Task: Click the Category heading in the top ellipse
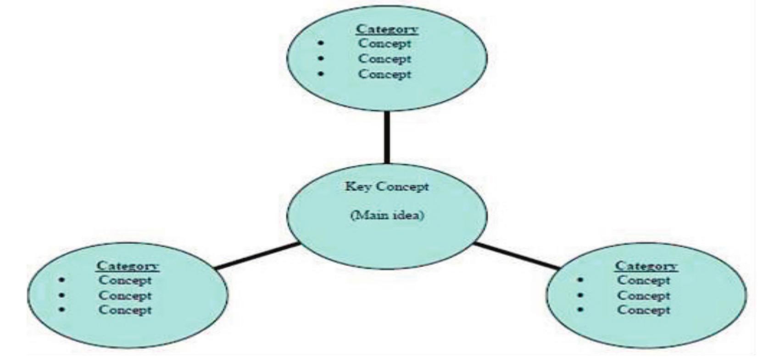pyautogui.click(x=387, y=29)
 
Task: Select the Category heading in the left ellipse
pyautogui.click(x=128, y=266)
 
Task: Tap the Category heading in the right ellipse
pyautogui.click(x=646, y=266)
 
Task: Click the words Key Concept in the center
pyautogui.click(x=387, y=187)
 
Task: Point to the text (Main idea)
pyautogui.click(x=387, y=215)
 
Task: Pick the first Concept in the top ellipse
pyautogui.click(x=384, y=44)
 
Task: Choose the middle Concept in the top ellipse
pyautogui.click(x=384, y=59)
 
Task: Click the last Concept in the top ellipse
pyautogui.click(x=384, y=74)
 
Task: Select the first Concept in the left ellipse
pyautogui.click(x=125, y=280)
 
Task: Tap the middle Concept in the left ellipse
pyautogui.click(x=125, y=295)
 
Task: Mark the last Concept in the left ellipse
pyautogui.click(x=125, y=310)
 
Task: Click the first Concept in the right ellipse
pyautogui.click(x=643, y=280)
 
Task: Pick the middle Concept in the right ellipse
pyautogui.click(x=643, y=295)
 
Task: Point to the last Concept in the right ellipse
pyautogui.click(x=643, y=310)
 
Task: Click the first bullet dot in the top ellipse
pyautogui.click(x=320, y=44)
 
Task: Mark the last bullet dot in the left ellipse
pyautogui.click(x=61, y=310)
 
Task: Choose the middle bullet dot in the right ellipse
pyautogui.click(x=581, y=295)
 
